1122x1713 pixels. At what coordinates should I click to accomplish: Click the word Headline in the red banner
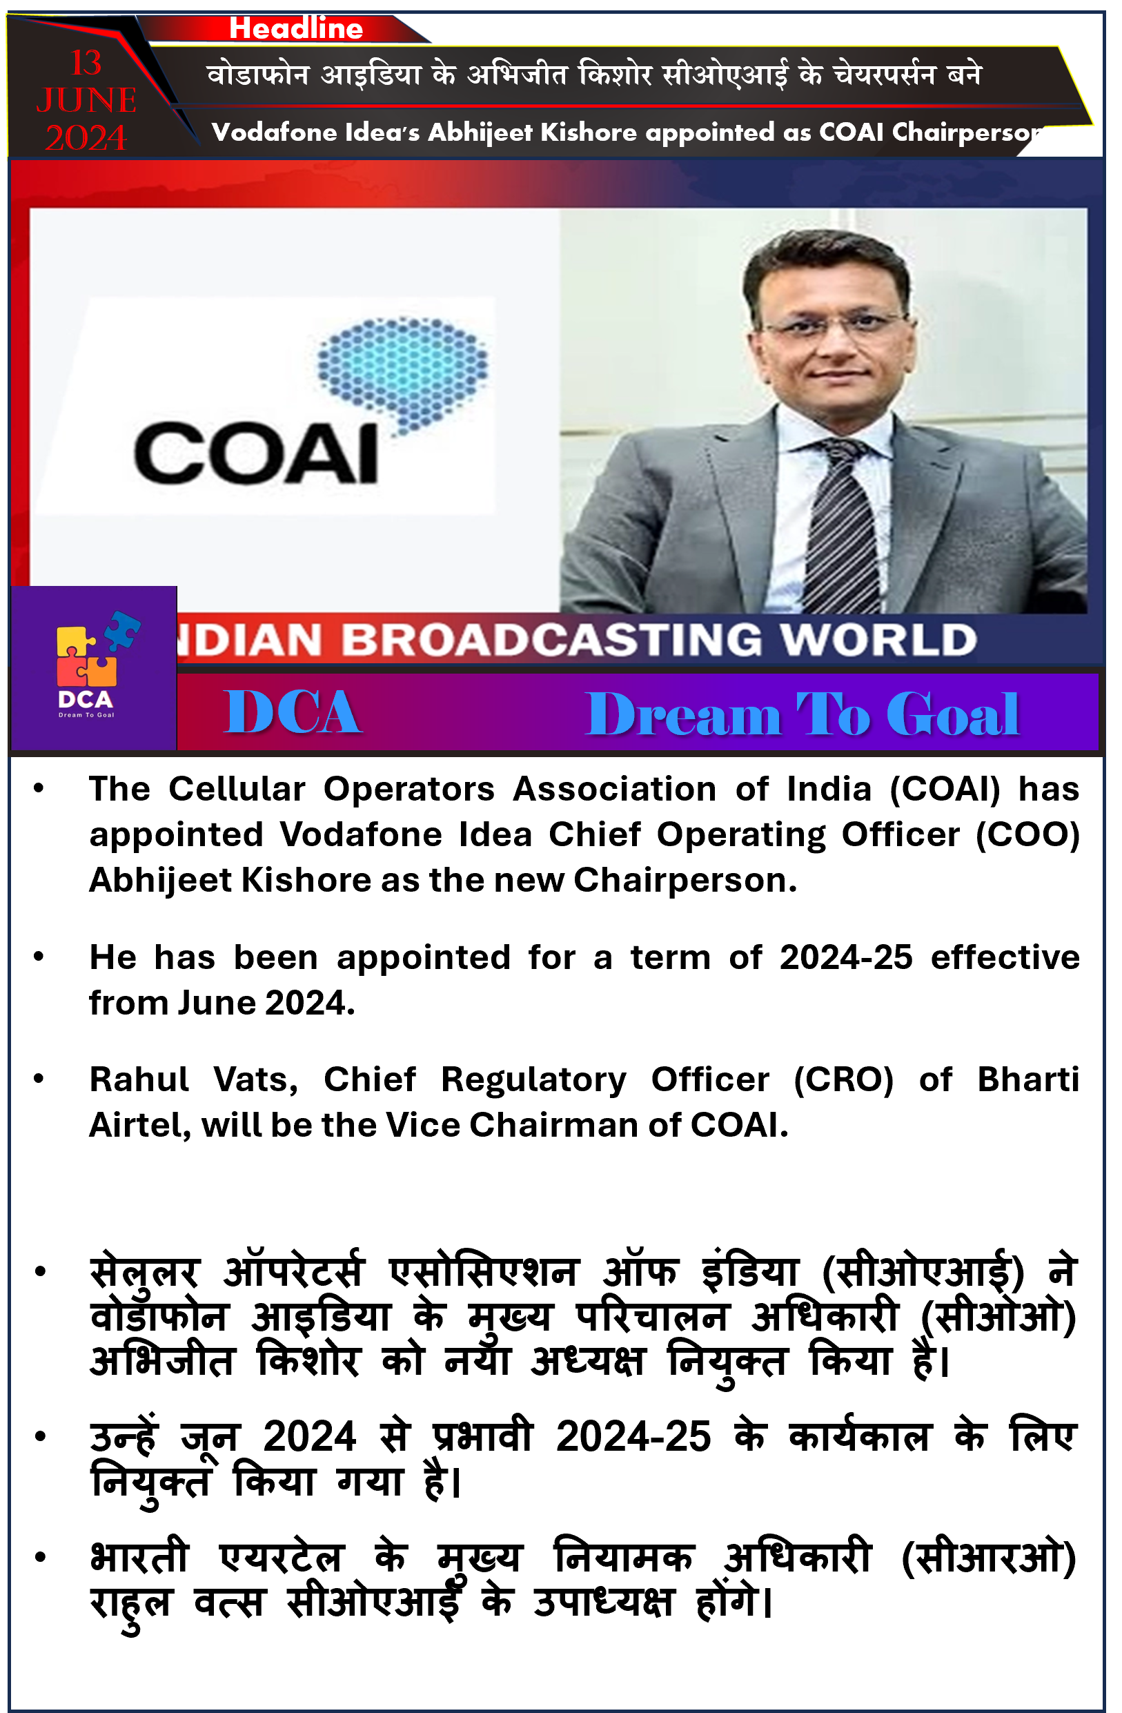click(x=296, y=29)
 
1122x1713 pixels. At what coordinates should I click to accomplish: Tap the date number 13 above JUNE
click(x=86, y=63)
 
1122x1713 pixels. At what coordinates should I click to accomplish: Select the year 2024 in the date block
click(x=86, y=138)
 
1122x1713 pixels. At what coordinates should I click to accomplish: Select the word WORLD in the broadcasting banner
click(x=878, y=640)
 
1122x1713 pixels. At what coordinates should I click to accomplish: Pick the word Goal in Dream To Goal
click(x=952, y=715)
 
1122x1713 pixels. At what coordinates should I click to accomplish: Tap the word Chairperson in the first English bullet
click(x=685, y=881)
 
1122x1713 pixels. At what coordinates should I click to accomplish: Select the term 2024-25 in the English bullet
click(x=847, y=958)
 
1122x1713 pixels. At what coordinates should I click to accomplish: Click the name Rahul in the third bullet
click(x=139, y=1080)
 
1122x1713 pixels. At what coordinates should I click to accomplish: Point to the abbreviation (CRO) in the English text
click(x=843, y=1080)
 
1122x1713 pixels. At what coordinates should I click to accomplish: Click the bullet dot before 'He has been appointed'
click(x=39, y=957)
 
